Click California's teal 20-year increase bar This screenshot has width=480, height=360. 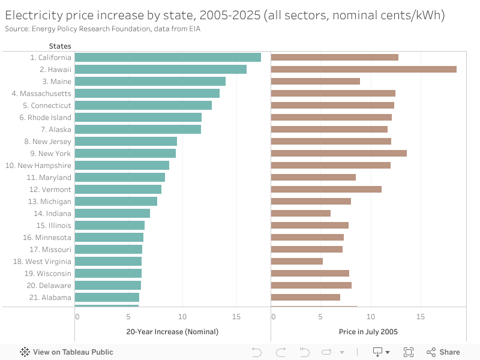click(168, 57)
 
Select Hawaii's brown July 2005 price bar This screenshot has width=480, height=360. click(364, 69)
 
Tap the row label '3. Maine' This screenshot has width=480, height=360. click(56, 82)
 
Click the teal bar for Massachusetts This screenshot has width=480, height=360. click(147, 93)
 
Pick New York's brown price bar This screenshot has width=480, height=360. click(339, 153)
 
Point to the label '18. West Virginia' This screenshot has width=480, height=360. click(42, 262)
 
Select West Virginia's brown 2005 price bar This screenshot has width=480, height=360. click(297, 261)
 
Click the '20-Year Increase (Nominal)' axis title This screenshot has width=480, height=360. click(172, 331)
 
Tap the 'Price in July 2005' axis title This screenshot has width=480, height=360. click(368, 331)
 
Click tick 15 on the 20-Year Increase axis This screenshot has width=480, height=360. click(237, 316)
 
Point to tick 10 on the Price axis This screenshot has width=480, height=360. click(371, 316)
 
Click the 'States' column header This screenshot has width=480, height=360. click(59, 46)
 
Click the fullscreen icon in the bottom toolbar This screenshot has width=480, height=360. click(409, 352)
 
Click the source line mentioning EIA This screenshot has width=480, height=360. click(103, 28)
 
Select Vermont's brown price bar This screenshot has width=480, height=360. click(326, 189)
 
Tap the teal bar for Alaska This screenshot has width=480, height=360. click(138, 129)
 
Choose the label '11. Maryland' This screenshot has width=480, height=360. click(49, 178)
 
